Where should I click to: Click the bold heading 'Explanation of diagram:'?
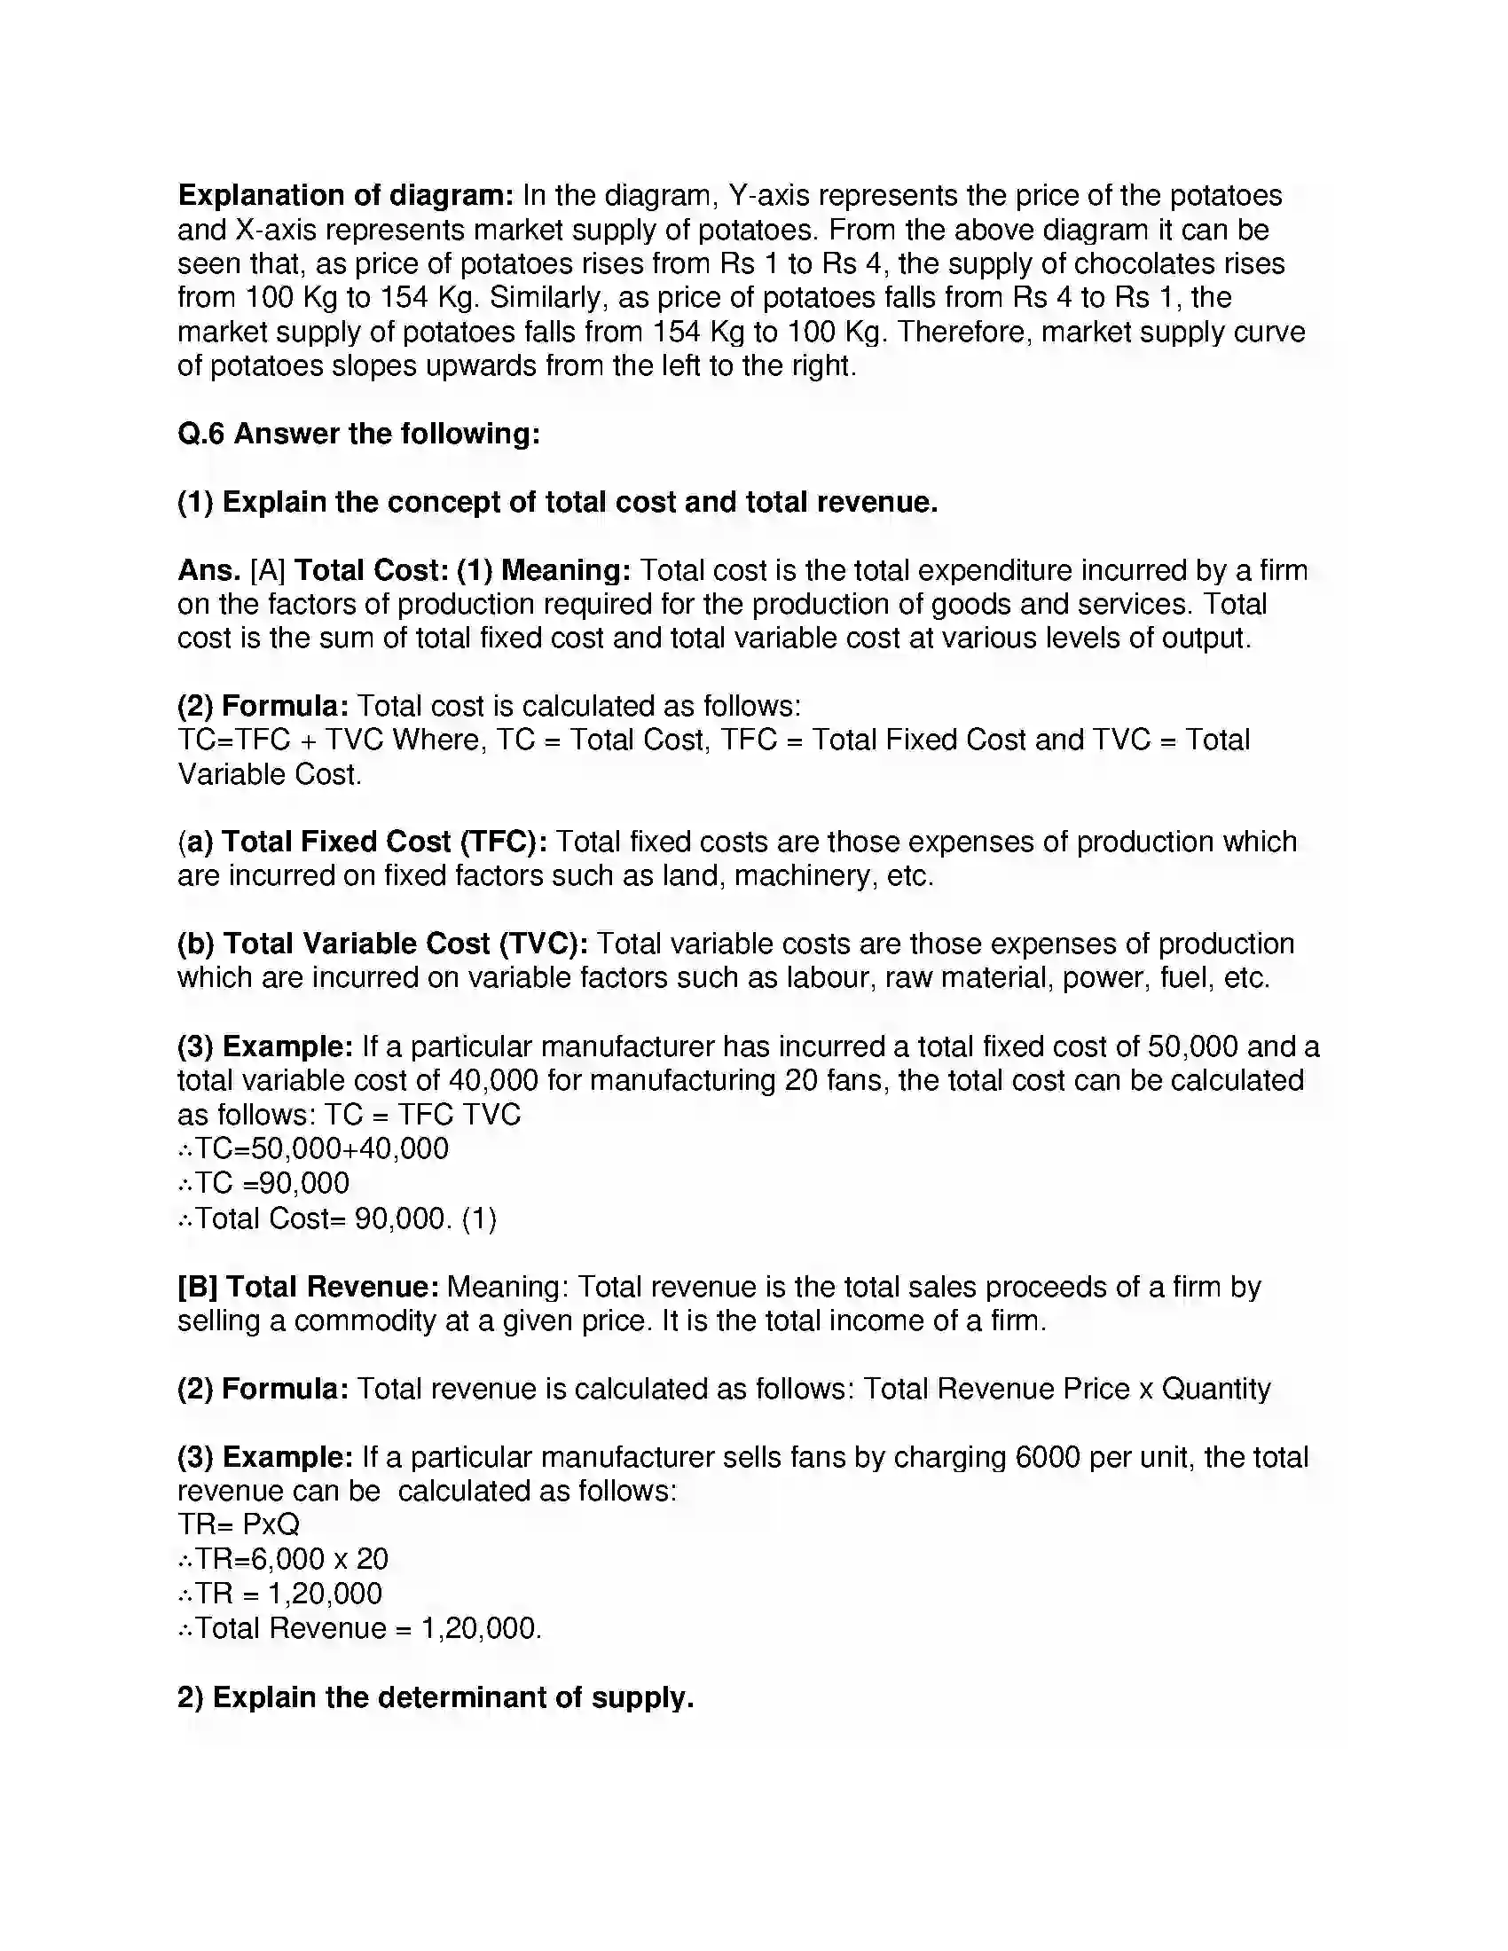(346, 195)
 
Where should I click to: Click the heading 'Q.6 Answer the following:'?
(359, 434)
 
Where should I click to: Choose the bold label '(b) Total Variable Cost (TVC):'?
(382, 944)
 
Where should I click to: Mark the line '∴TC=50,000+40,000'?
(313, 1148)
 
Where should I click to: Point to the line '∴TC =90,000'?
(264, 1184)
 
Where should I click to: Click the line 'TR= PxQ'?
(239, 1524)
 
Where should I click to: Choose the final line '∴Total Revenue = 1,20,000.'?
(361, 1628)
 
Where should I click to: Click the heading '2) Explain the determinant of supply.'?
(436, 1697)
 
